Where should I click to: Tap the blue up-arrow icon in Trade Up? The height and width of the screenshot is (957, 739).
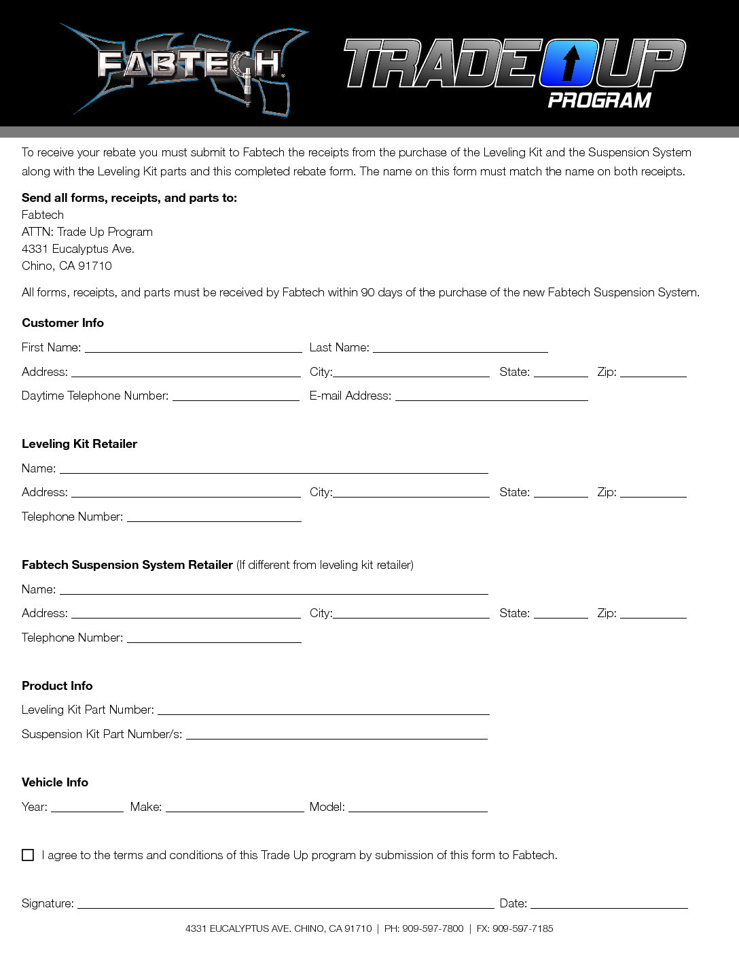(571, 63)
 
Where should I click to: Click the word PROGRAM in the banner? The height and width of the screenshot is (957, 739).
(599, 101)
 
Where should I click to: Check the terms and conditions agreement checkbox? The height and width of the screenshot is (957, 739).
(28, 855)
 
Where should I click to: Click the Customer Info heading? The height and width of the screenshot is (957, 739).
(62, 323)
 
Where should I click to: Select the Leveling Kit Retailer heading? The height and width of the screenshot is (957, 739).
(79, 444)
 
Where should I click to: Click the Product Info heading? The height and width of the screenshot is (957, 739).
(57, 686)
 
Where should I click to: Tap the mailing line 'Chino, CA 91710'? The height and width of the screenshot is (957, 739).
(67, 266)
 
